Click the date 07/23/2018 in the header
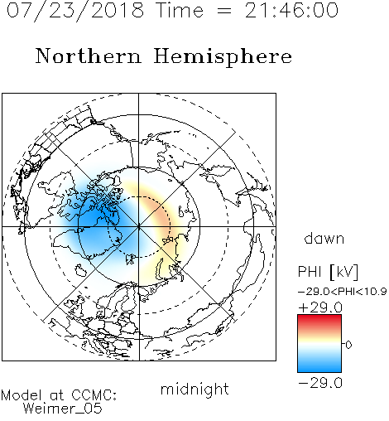(x=75, y=11)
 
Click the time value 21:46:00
(x=291, y=10)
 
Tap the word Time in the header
(x=180, y=10)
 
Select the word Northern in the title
(x=89, y=56)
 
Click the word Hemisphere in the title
(x=223, y=57)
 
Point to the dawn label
(x=324, y=238)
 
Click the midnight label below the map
(x=194, y=389)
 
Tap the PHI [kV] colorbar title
(x=328, y=272)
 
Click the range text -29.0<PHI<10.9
(x=342, y=292)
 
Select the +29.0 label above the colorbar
(x=320, y=307)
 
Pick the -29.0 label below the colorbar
(x=320, y=383)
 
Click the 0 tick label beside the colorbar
(x=348, y=345)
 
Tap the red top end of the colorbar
(x=319, y=317)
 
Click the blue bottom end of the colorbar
(x=319, y=370)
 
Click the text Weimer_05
(x=63, y=409)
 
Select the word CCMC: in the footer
(x=94, y=395)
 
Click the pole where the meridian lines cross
(x=139, y=227)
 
